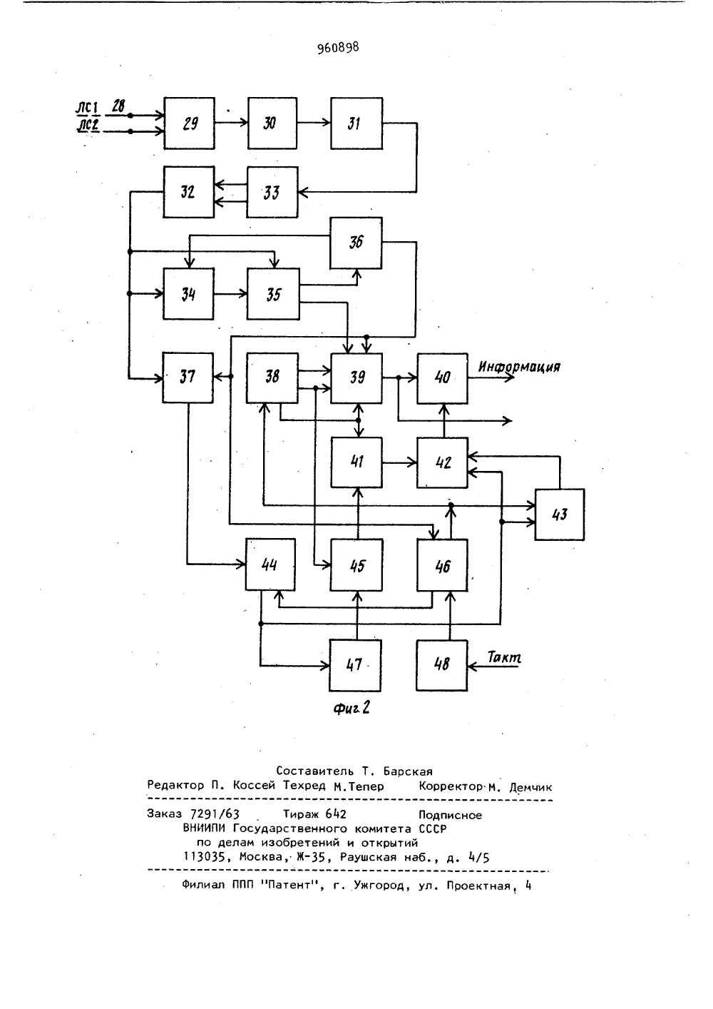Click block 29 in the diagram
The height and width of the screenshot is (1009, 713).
pyautogui.click(x=189, y=123)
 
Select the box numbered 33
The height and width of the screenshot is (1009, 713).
pyautogui.click(x=272, y=193)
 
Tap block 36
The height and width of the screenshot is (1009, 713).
pyautogui.click(x=356, y=243)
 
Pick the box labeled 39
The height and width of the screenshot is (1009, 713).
pyautogui.click(x=356, y=378)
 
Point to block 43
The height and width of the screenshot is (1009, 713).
pyautogui.click(x=560, y=514)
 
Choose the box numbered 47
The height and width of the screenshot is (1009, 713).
pyautogui.click(x=355, y=665)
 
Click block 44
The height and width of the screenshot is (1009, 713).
pyautogui.click(x=270, y=564)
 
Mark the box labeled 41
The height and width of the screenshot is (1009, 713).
pyautogui.click(x=356, y=462)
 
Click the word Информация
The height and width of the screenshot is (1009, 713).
pyautogui.click(x=519, y=366)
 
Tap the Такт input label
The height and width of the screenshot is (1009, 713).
pyautogui.click(x=504, y=658)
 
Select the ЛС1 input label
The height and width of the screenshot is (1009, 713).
pyautogui.click(x=86, y=108)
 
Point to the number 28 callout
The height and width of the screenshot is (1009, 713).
pyautogui.click(x=118, y=106)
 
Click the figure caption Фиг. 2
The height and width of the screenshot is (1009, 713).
pyautogui.click(x=352, y=709)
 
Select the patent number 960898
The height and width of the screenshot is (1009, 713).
pyautogui.click(x=338, y=48)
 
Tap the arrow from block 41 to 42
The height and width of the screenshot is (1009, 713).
pyautogui.click(x=400, y=462)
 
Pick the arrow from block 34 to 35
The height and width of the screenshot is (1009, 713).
pyautogui.click(x=230, y=294)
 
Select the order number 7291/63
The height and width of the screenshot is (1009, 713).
pyautogui.click(x=215, y=814)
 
